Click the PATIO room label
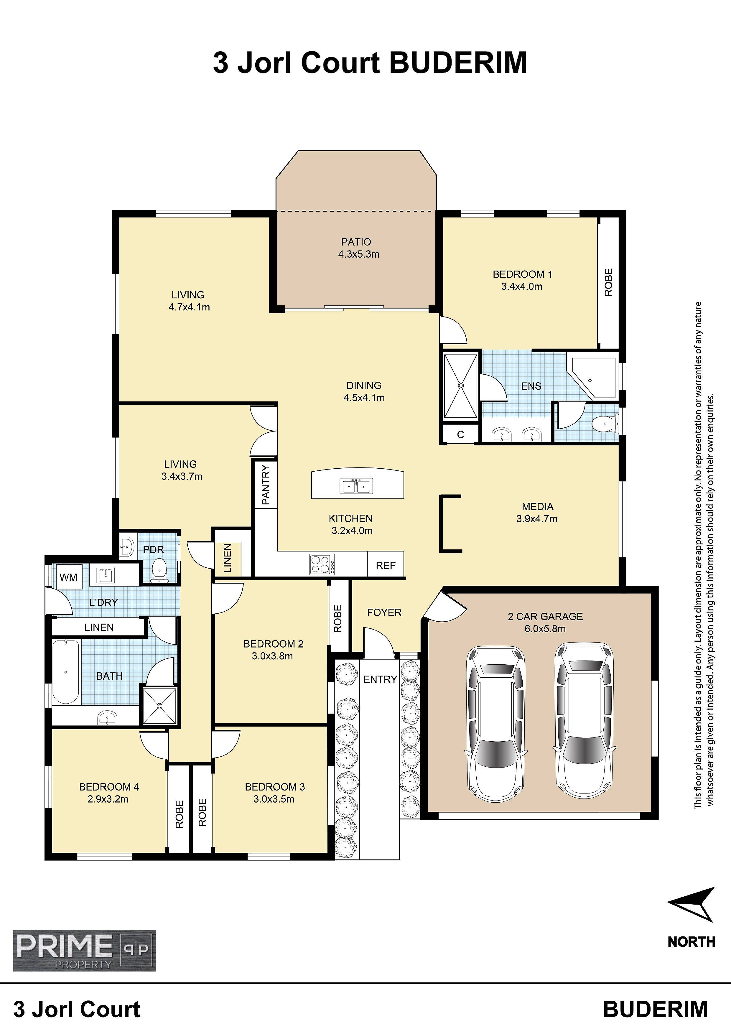click(x=356, y=242)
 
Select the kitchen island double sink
click(x=357, y=486)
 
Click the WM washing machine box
click(x=68, y=577)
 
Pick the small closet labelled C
click(x=460, y=434)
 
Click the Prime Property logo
click(x=84, y=951)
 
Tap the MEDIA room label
click(x=538, y=507)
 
